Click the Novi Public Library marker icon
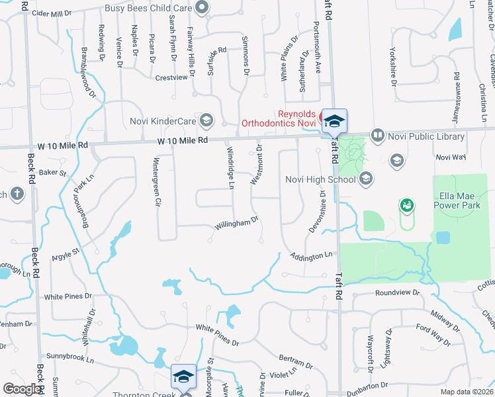(x=378, y=136)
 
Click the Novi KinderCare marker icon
(x=206, y=120)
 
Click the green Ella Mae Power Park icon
(x=406, y=206)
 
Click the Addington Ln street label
(x=310, y=255)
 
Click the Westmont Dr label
(x=256, y=165)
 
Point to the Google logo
(x=22, y=389)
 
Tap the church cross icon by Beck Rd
(x=17, y=194)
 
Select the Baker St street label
(x=53, y=173)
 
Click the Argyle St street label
(x=66, y=252)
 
